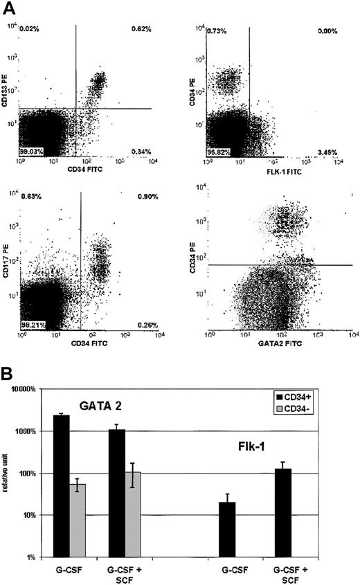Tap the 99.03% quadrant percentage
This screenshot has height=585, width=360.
(x=30, y=150)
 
